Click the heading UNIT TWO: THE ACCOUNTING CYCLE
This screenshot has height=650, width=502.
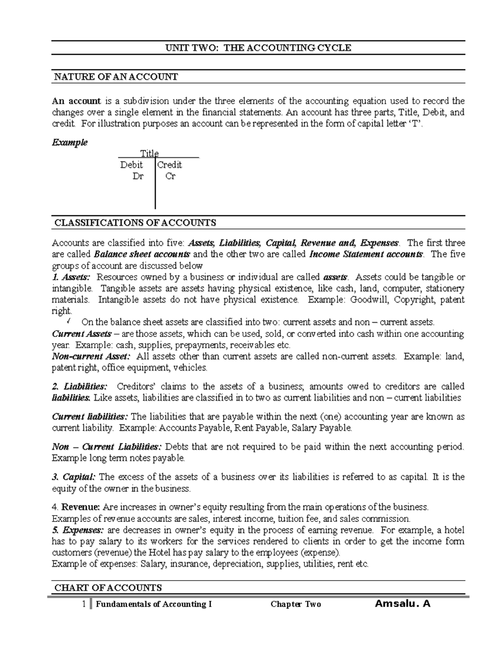(258, 48)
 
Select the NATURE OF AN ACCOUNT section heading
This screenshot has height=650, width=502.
(116, 77)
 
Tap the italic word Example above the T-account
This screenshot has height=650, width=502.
(69, 142)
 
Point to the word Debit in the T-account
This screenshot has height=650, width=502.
(131, 165)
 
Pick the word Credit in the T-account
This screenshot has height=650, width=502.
(169, 165)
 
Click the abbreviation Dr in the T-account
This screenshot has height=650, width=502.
(138, 176)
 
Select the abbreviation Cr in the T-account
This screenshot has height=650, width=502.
(170, 176)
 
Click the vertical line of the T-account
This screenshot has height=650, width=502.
(155, 193)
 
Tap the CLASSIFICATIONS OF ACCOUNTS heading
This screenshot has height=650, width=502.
(135, 223)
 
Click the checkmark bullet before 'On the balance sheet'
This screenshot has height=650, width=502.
(69, 321)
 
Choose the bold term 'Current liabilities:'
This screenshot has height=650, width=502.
(90, 417)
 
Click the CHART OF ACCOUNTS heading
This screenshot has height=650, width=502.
(108, 588)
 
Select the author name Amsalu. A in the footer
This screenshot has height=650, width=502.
(402, 604)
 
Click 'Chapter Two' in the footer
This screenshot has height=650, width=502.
(295, 604)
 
